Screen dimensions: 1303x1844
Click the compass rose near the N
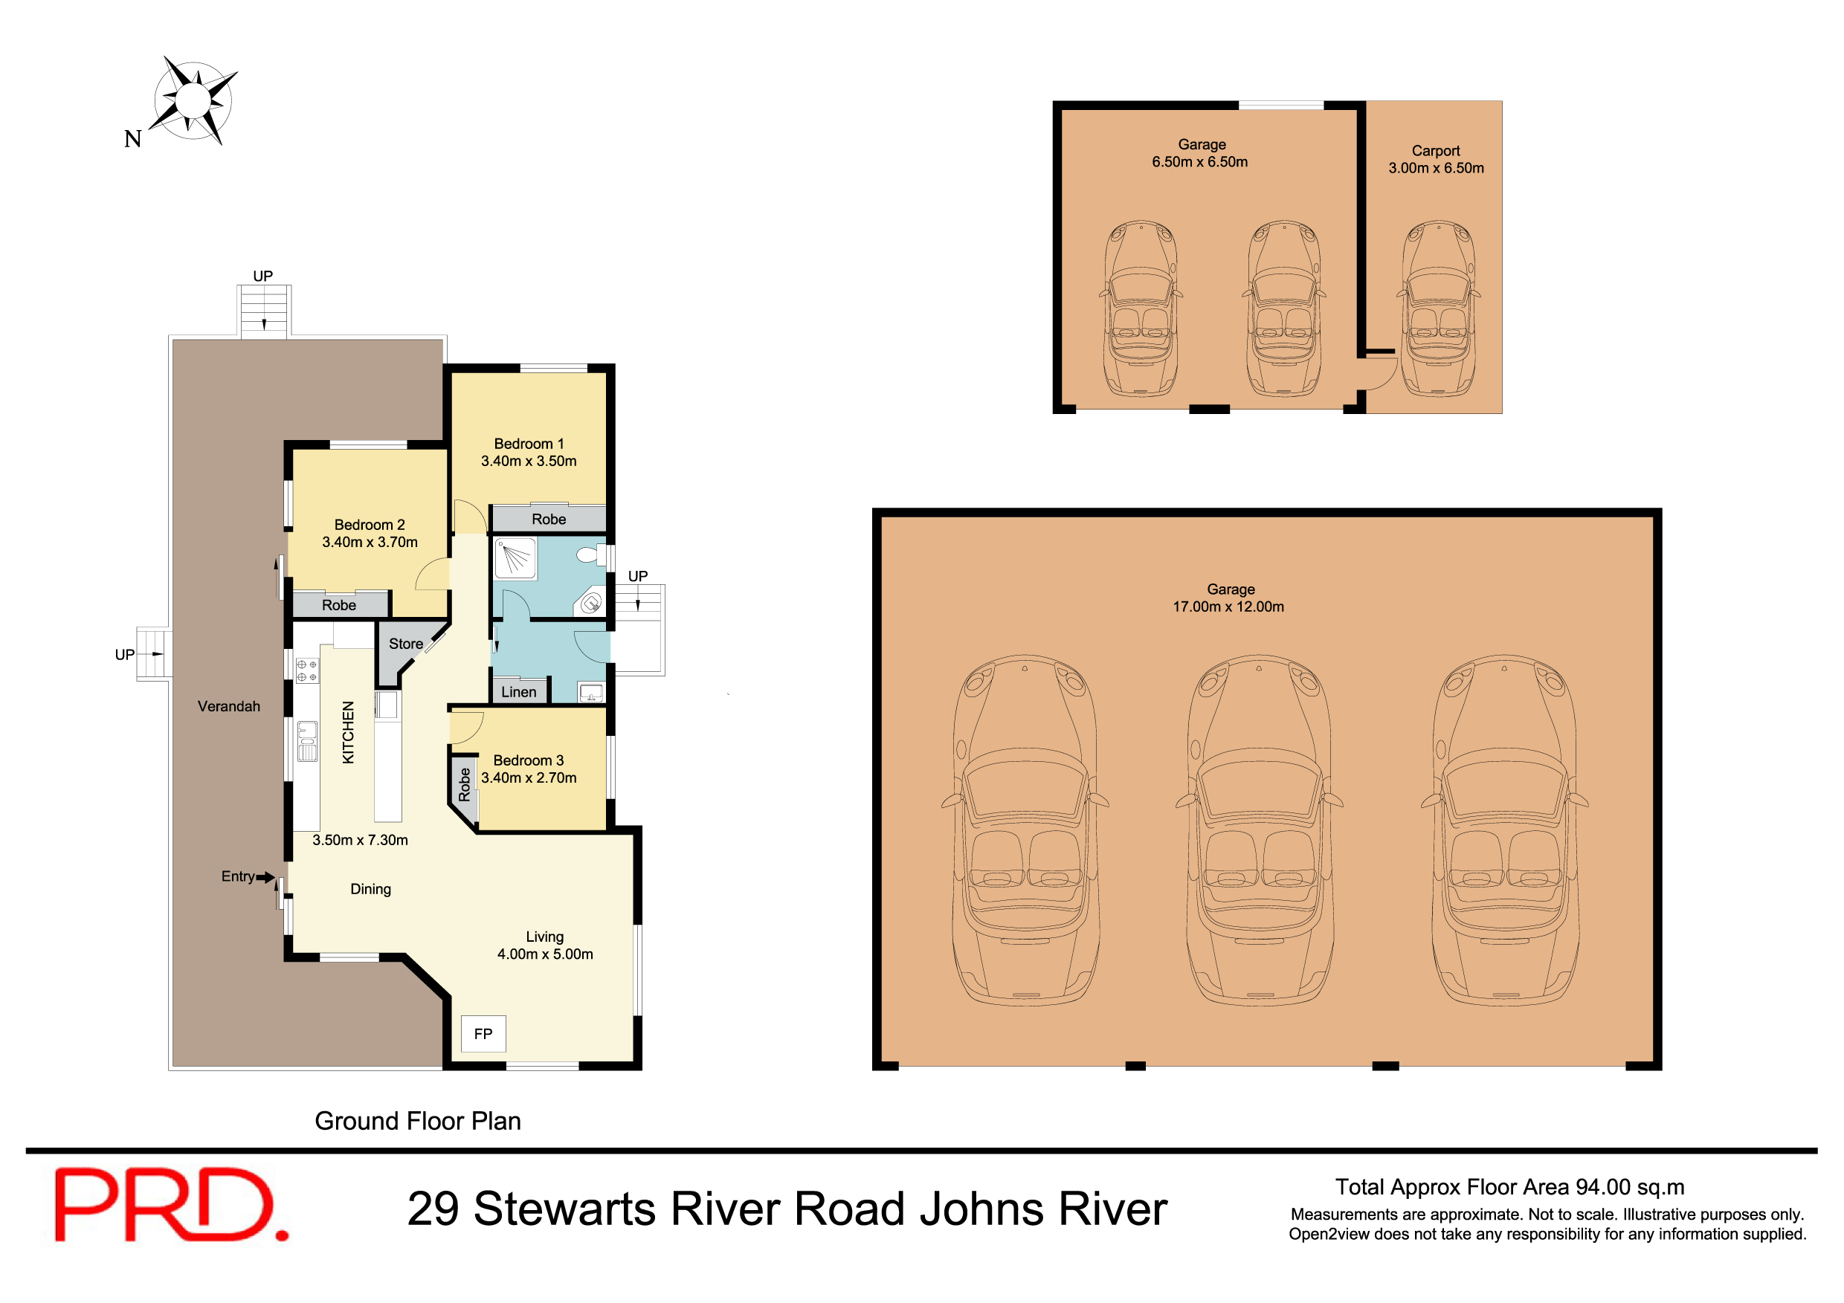click(x=193, y=100)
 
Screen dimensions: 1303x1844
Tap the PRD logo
click(x=170, y=1204)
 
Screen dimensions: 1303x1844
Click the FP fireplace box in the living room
click(x=483, y=1034)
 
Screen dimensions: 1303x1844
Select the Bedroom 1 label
click(x=529, y=444)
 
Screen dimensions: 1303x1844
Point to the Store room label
click(x=405, y=644)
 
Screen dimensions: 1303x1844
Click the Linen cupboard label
click(x=519, y=692)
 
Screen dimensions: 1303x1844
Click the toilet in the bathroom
click(x=590, y=554)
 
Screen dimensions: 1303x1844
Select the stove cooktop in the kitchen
click(x=307, y=670)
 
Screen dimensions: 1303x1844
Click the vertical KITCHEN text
click(x=348, y=732)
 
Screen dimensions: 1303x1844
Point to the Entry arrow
click(x=265, y=878)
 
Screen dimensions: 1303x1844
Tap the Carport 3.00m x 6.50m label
click(x=1436, y=160)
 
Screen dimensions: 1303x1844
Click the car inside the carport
click(x=1437, y=309)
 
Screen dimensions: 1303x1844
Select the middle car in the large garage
click(x=1259, y=831)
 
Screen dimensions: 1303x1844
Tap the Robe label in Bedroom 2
click(x=339, y=605)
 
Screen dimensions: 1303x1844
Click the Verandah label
click(x=229, y=706)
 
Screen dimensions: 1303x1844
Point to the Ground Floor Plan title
click(x=418, y=1121)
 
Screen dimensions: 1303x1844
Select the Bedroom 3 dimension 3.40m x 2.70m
click(x=529, y=778)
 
